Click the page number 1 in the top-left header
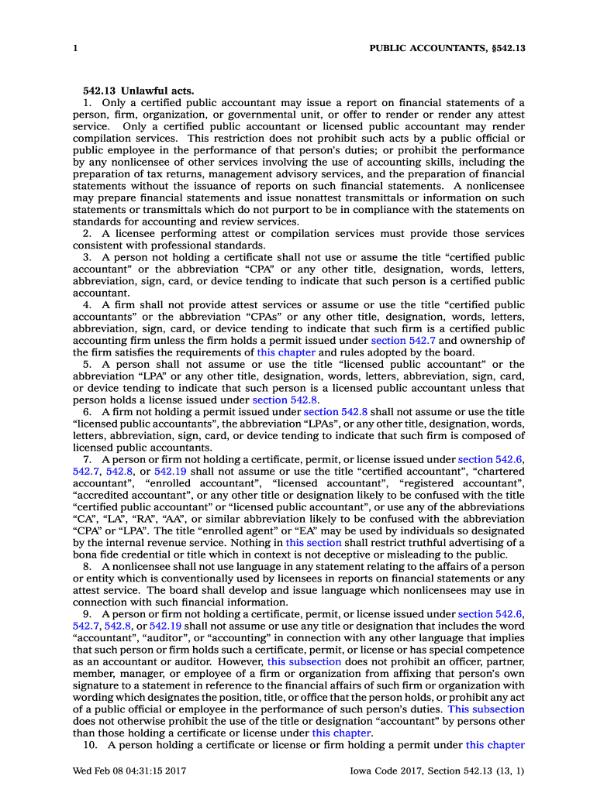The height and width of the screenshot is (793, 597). (x=74, y=48)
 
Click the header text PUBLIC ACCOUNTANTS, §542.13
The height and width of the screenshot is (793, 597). (x=447, y=48)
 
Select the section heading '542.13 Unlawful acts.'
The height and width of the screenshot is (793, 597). (x=139, y=91)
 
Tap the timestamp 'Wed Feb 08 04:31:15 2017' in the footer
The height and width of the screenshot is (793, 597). (x=129, y=771)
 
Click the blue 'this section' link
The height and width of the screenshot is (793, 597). (x=313, y=543)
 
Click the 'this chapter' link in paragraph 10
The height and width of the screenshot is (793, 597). (x=495, y=745)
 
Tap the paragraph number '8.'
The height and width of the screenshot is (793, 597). (x=88, y=567)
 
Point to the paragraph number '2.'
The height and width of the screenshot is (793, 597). (x=88, y=234)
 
